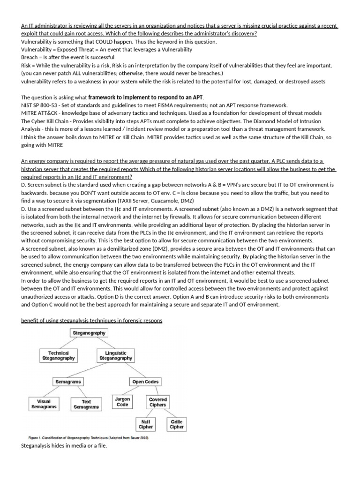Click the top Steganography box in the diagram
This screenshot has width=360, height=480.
pyautogui.click(x=89, y=333)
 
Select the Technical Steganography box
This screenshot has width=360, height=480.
pyautogui.click(x=59, y=355)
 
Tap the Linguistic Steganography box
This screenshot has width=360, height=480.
pyautogui.click(x=116, y=355)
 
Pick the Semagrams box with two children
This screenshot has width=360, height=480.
pyautogui.click(x=68, y=382)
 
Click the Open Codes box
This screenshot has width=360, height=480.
pyautogui.click(x=145, y=382)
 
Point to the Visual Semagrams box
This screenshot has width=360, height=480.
pyautogui.click(x=43, y=404)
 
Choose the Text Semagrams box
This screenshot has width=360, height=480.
pyautogui.click(x=86, y=404)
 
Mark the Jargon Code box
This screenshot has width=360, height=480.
pyautogui.click(x=122, y=402)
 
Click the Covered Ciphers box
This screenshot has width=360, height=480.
pyautogui.click(x=157, y=402)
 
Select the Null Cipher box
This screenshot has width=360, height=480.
pyautogui.click(x=145, y=424)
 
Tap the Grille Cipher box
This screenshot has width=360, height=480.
pyautogui.click(x=177, y=424)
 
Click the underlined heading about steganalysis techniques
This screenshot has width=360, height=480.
pyautogui.click(x=92, y=320)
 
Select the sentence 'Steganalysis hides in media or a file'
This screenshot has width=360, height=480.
pyautogui.click(x=64, y=445)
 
